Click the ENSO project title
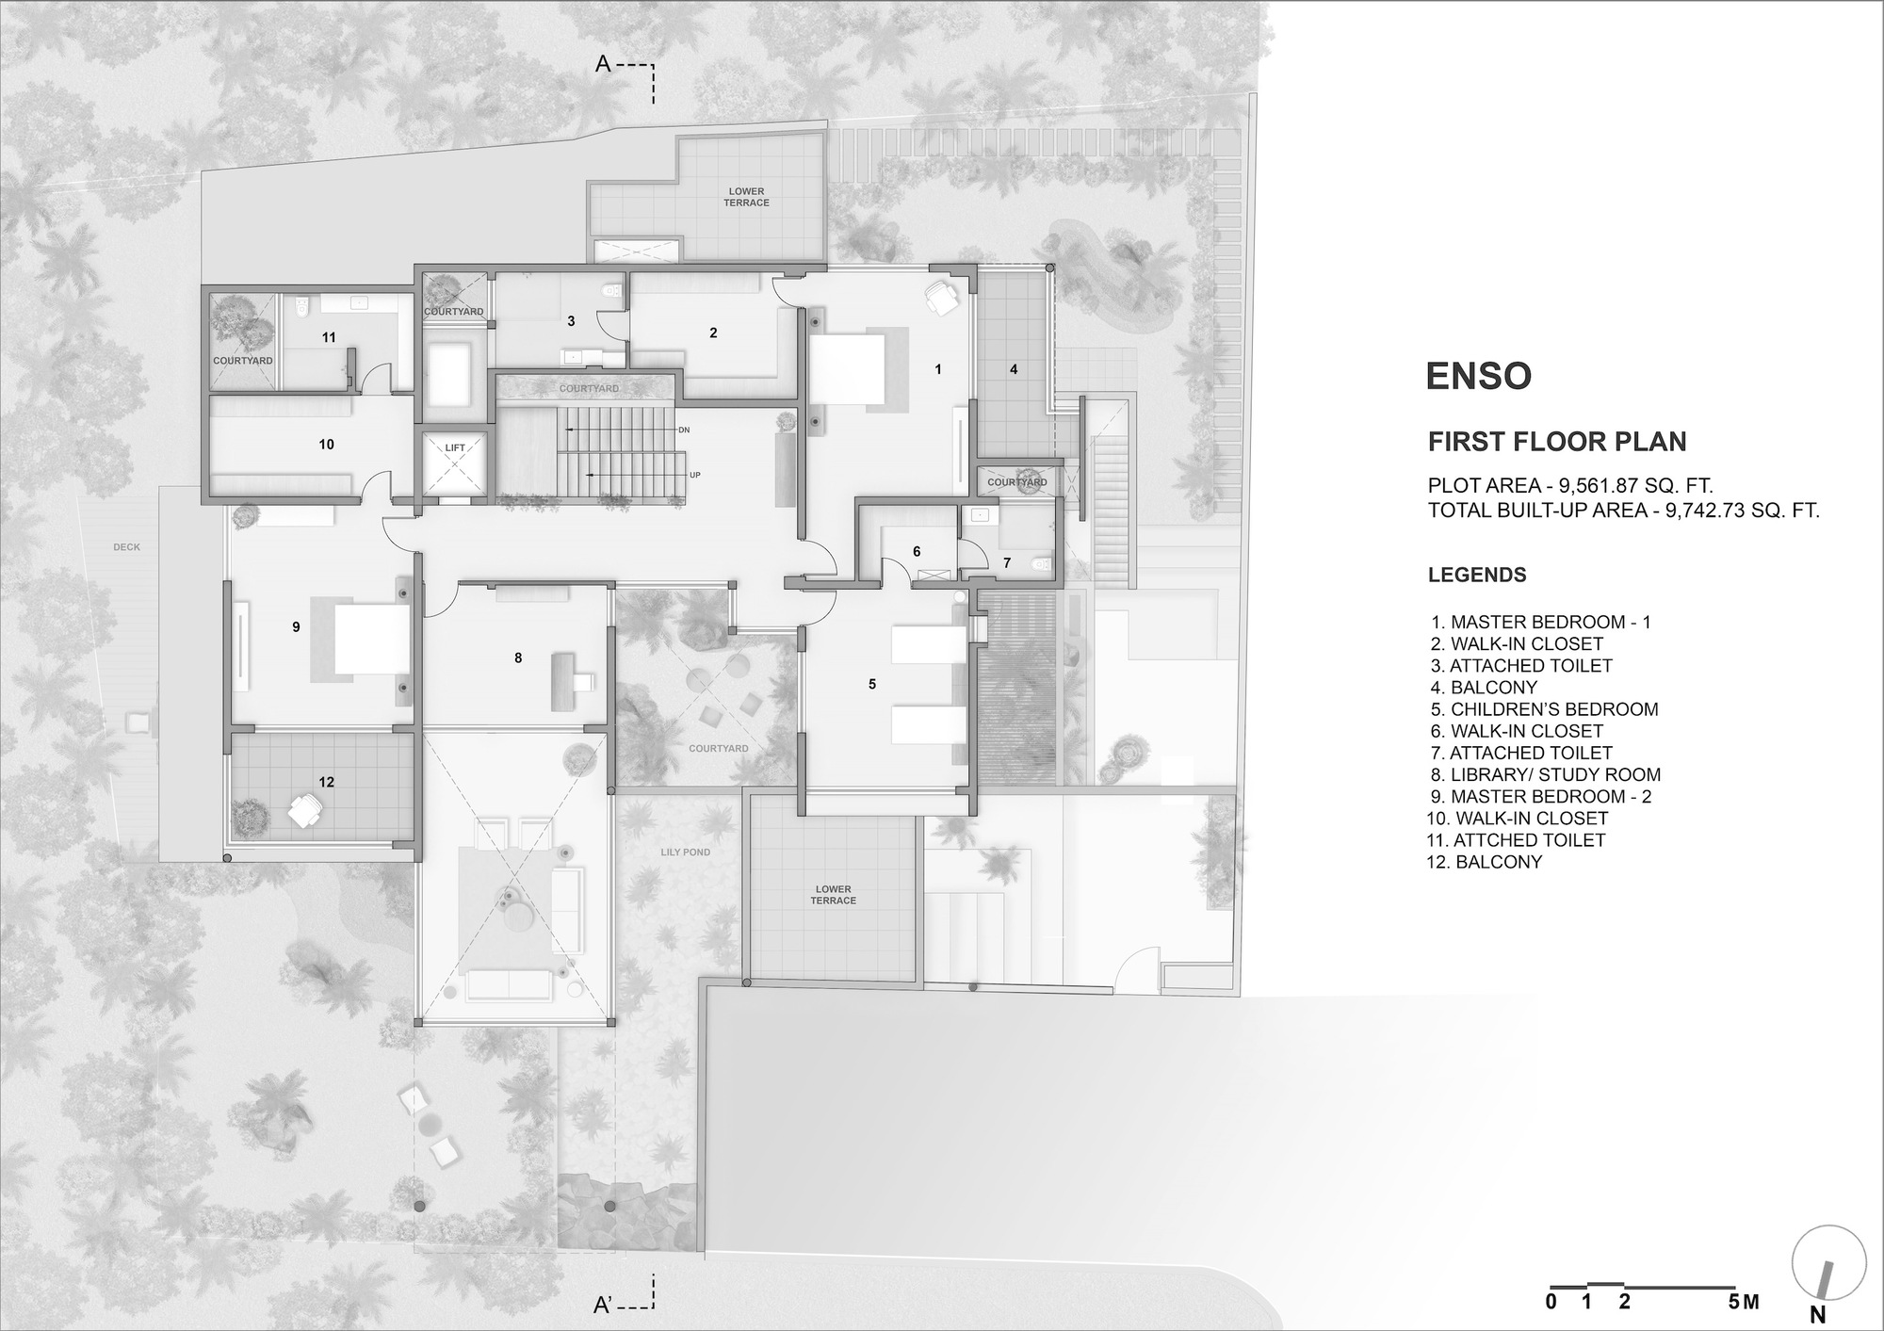[x=1478, y=376]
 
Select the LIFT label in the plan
[x=455, y=447]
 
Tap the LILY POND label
[x=685, y=852]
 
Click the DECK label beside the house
[x=126, y=547]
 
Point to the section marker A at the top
[x=605, y=65]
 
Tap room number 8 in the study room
[x=518, y=658]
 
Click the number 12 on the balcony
[x=326, y=782]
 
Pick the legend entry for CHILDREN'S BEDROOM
[x=1544, y=709]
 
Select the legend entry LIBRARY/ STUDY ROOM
[x=1545, y=774]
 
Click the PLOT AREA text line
[x=1569, y=486]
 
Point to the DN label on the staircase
[x=684, y=430]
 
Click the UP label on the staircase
[x=694, y=475]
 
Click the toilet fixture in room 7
[x=1040, y=565]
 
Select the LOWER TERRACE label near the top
[x=747, y=197]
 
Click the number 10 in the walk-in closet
[x=326, y=444]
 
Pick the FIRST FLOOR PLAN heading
[x=1557, y=442]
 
